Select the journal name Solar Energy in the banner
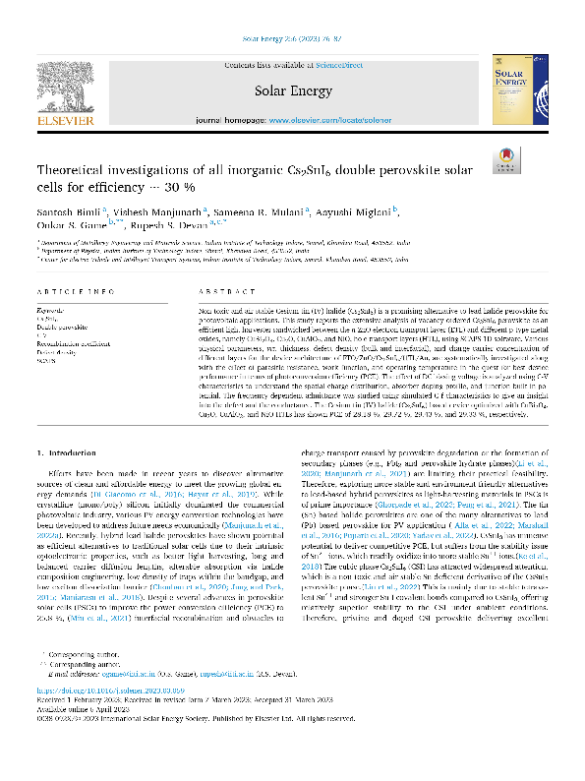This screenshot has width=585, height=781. [292, 90]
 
